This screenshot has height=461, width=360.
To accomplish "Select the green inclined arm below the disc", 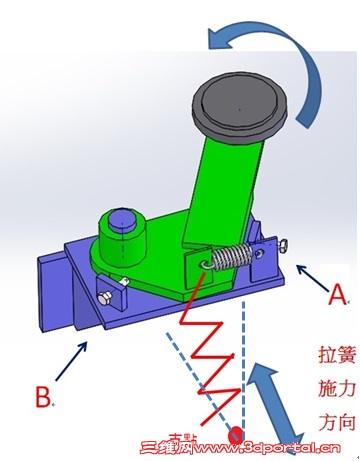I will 225,190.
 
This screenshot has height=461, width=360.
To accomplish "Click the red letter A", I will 339,296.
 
